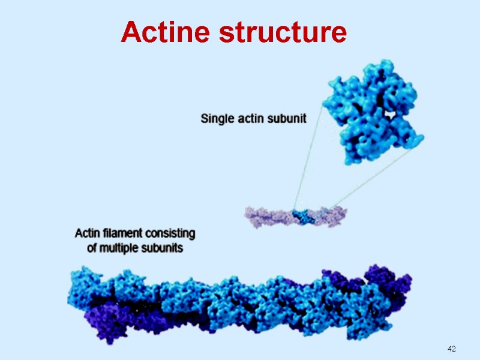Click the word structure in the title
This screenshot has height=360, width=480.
point(282,32)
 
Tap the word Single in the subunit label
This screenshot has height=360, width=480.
point(217,119)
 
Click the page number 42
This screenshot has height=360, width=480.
point(452,349)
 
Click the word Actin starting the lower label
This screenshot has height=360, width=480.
point(86,232)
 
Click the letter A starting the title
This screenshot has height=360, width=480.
point(130,32)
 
